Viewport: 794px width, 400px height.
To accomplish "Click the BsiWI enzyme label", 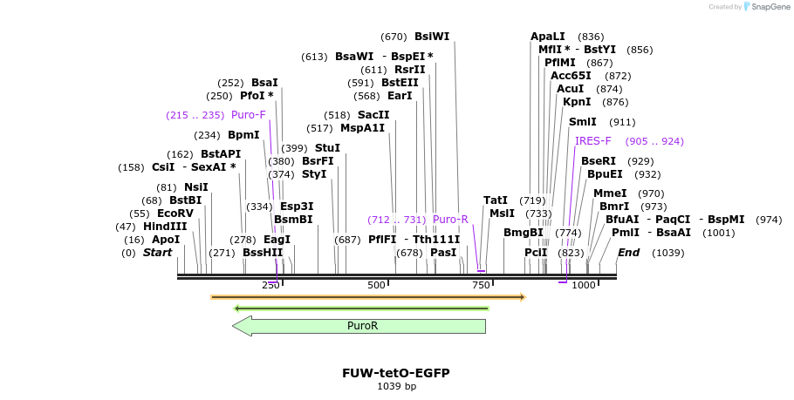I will [x=432, y=37].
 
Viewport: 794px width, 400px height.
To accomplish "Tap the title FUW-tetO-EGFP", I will [x=396, y=373].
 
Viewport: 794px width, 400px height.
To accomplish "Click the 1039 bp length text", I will [x=396, y=386].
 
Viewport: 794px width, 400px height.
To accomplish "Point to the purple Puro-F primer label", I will [x=249, y=115].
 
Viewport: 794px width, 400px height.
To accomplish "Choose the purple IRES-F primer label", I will [x=593, y=141].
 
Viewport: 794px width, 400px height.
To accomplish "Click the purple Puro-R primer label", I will [x=450, y=220].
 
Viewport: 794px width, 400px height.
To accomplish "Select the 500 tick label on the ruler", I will [x=376, y=285].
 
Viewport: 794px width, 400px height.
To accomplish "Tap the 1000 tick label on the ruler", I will [x=584, y=285].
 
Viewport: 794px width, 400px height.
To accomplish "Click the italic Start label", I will [x=157, y=253].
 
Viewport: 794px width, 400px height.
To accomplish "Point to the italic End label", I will [x=628, y=253].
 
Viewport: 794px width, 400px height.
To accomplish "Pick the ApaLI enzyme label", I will [x=548, y=37].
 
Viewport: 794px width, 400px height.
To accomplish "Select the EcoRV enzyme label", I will [x=175, y=214].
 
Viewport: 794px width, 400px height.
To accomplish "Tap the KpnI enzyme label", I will [x=577, y=102].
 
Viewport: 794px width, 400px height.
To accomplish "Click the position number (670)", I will [x=394, y=37].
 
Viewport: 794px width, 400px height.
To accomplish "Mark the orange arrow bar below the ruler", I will [x=367, y=297].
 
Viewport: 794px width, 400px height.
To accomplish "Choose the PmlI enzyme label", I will [x=625, y=233].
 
